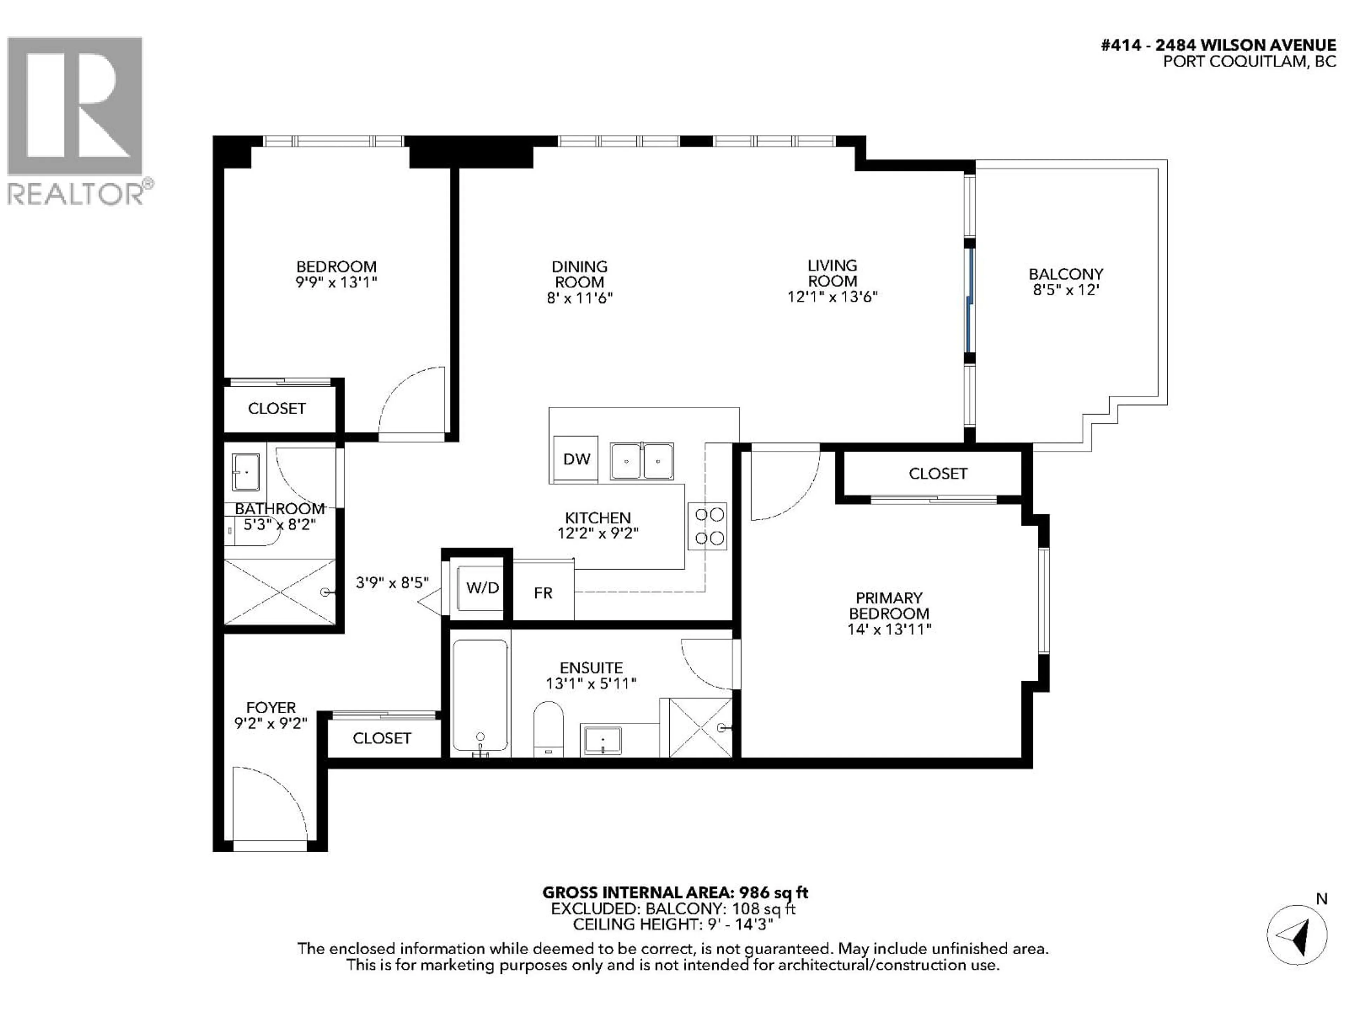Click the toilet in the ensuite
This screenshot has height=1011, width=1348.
(548, 729)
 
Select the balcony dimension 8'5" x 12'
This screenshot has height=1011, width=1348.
(1065, 290)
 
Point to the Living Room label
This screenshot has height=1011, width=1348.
(832, 273)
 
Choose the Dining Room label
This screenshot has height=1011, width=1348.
(579, 274)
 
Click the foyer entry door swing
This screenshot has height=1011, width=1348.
(268, 805)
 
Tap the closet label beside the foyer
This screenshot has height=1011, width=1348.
(382, 738)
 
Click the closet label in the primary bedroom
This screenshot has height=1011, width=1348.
(937, 474)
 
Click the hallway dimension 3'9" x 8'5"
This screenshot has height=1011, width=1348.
(392, 583)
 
